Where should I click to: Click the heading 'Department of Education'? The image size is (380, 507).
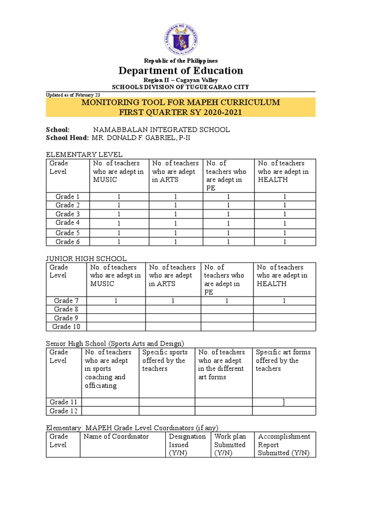(181, 71)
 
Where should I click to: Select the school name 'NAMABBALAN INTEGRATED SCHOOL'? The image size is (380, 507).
(158, 130)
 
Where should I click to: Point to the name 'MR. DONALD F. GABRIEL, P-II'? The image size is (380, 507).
(141, 138)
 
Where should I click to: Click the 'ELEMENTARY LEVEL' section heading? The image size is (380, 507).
(84, 154)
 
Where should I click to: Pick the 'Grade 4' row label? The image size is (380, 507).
(68, 223)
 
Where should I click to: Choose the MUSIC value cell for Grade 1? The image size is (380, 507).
(119, 197)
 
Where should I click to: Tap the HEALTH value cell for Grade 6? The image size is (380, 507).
(285, 242)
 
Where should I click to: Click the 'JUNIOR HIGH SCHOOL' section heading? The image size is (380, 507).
(86, 258)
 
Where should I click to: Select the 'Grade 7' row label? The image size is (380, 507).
(66, 301)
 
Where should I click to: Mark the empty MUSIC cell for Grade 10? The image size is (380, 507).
(116, 327)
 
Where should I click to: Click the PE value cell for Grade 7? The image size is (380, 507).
(227, 301)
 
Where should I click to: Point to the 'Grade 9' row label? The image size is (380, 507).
(66, 318)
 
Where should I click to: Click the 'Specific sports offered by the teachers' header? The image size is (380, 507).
(165, 360)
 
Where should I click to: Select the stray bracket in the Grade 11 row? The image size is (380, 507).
(284, 402)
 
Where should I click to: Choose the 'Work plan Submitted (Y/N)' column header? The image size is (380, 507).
(230, 445)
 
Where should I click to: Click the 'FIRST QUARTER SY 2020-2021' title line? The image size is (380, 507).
(181, 112)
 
